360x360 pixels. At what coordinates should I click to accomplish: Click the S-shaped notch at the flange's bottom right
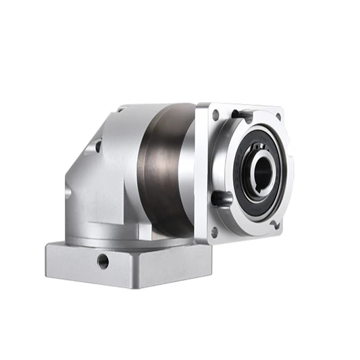tap(274, 223)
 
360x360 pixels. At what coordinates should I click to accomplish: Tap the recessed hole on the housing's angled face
tap(99, 145)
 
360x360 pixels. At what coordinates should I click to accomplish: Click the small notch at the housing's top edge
tap(120, 109)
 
